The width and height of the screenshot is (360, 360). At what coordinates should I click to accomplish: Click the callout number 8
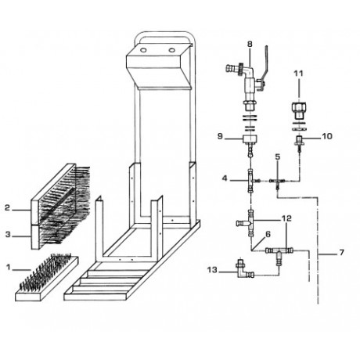(x=250, y=44)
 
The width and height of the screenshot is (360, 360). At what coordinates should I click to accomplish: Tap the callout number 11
(x=299, y=74)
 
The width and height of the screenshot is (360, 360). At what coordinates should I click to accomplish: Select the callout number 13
(x=212, y=269)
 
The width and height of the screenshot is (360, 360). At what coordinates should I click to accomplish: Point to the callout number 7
(x=341, y=253)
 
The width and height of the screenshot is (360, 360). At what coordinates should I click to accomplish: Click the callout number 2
(x=7, y=207)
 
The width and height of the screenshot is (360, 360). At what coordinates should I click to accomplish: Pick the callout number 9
(x=221, y=136)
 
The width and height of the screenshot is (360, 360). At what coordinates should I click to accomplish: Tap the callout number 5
(x=278, y=157)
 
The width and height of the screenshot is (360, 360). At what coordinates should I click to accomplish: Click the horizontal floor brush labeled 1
(x=47, y=278)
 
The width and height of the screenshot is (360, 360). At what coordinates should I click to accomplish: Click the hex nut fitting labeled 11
(x=299, y=110)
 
